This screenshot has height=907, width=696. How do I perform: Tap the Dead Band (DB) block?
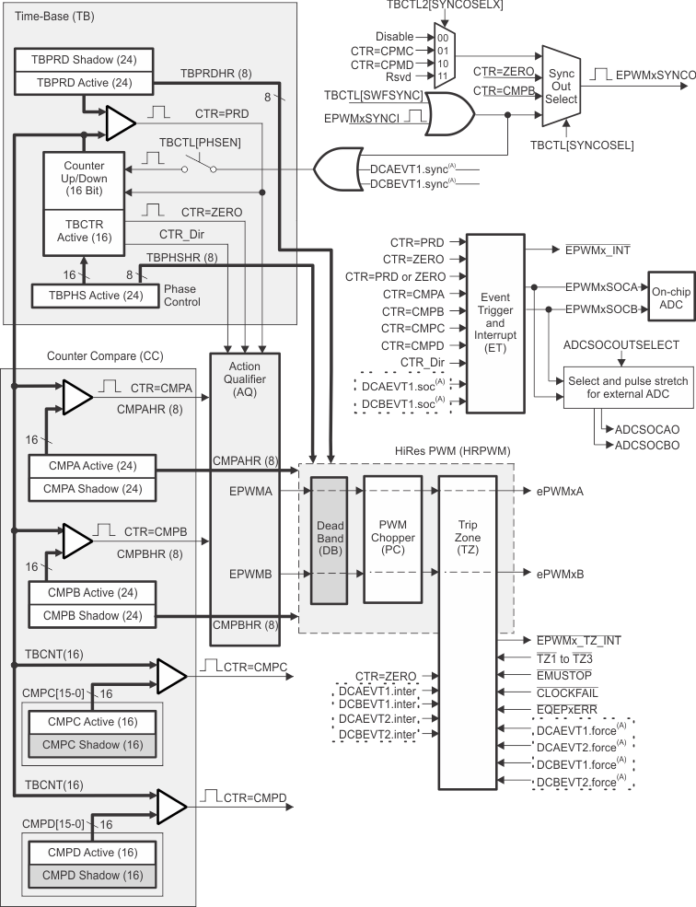328,528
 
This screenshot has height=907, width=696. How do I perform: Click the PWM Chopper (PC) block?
390,528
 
